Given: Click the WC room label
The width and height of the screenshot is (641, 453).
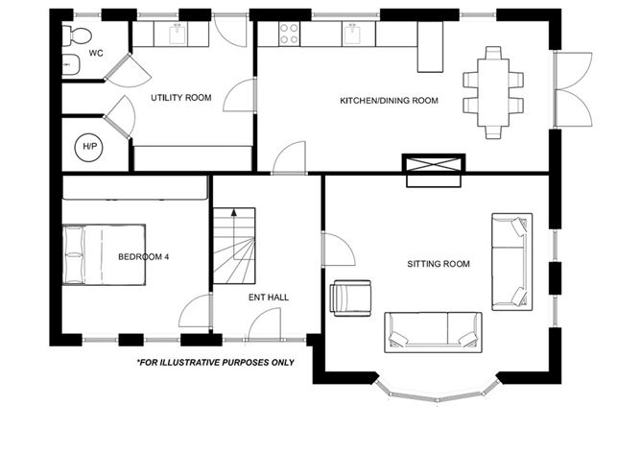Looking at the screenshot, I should (x=96, y=54).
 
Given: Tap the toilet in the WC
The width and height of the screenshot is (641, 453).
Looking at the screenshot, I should (x=76, y=36).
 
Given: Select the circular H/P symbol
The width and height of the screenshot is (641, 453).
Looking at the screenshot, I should (x=89, y=148).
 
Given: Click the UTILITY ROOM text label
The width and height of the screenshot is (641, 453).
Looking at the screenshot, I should (x=181, y=98).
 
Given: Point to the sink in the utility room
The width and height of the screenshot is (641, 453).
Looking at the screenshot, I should (x=178, y=36).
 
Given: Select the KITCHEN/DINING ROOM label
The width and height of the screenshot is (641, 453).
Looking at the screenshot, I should (x=389, y=101).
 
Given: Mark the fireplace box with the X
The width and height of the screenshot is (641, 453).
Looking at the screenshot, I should (x=435, y=170).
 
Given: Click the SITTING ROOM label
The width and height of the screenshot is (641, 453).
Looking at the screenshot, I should (x=438, y=264).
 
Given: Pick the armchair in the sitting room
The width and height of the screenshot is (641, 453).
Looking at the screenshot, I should (x=349, y=297).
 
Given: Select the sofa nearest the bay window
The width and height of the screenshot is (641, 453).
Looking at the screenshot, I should (x=433, y=330).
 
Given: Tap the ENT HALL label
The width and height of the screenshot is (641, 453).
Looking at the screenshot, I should (x=269, y=298).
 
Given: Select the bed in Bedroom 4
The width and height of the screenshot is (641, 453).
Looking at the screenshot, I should (x=104, y=254).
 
